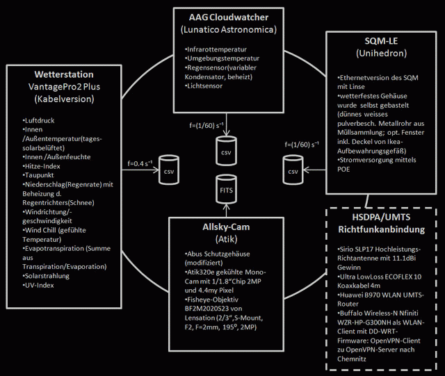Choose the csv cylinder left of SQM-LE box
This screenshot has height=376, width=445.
[x=293, y=170]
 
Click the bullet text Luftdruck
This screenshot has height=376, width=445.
[x=40, y=120]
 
